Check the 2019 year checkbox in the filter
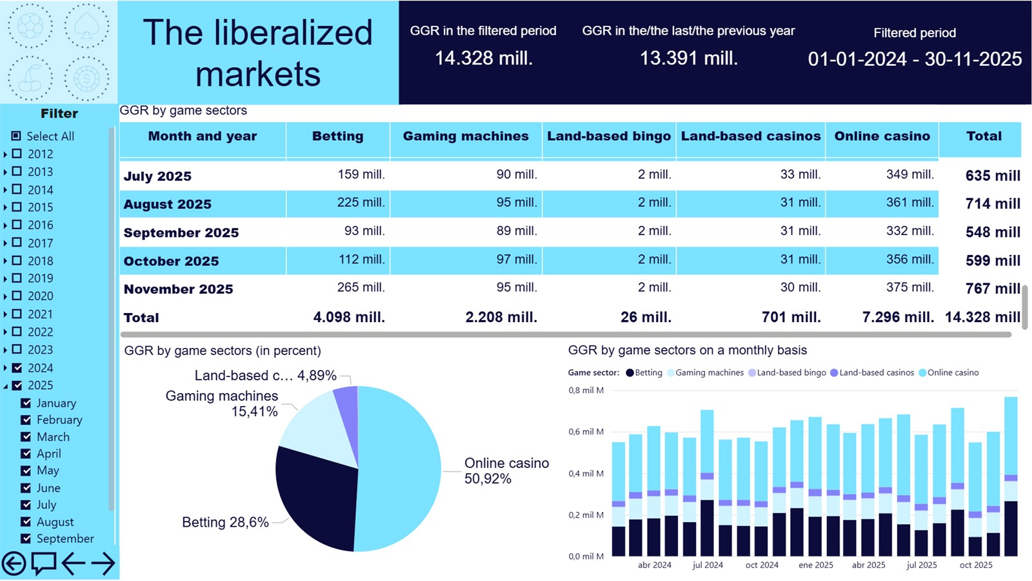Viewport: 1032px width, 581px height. [17, 278]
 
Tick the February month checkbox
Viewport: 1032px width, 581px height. [26, 420]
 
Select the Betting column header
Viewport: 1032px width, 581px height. [337, 136]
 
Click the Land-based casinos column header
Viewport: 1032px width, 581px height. [750, 136]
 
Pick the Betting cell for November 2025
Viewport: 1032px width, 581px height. [361, 287]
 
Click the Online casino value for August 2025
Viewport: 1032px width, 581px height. [909, 203]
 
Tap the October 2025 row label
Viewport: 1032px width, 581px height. [171, 261]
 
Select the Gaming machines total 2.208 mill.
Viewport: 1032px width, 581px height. [501, 317]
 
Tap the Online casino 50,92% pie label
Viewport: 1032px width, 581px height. [506, 471]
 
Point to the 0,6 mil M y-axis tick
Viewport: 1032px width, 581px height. [586, 432]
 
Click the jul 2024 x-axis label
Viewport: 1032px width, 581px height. [708, 565]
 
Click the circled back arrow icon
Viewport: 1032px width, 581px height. [14, 564]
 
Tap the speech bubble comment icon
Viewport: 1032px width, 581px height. [44, 564]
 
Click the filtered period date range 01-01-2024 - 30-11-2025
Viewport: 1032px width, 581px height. [914, 59]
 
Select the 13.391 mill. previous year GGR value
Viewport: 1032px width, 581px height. [688, 59]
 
